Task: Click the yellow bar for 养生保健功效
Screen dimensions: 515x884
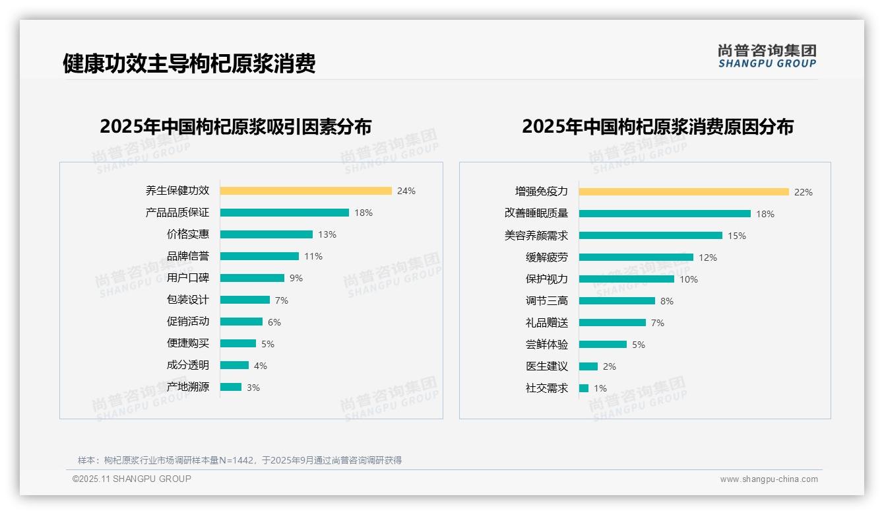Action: tap(305, 191)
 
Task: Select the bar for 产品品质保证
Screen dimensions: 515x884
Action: tap(284, 213)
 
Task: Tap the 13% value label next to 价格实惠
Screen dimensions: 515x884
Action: tap(327, 234)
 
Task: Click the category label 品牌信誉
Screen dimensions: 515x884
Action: tap(187, 256)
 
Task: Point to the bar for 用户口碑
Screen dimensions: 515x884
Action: tap(252, 278)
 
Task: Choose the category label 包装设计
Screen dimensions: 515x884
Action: tap(187, 300)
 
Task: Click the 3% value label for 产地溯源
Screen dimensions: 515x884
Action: tap(253, 388)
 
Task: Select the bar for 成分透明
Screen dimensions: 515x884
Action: tap(234, 365)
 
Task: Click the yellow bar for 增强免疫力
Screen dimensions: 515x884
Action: tap(684, 192)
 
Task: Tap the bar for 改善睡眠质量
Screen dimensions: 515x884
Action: tap(665, 214)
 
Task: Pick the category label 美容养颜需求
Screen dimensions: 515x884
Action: tap(536, 236)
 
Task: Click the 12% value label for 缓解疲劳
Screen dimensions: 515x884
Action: tap(708, 257)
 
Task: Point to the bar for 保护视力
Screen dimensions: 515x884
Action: tap(627, 279)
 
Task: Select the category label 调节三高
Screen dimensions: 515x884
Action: tap(546, 301)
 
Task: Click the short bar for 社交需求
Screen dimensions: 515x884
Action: tap(584, 388)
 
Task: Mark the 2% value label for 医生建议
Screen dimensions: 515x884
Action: tap(610, 366)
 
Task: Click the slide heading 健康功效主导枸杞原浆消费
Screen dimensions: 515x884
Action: tap(189, 63)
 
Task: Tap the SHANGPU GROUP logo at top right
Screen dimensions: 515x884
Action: tap(767, 56)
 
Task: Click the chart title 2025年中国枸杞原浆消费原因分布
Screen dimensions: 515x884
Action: tap(658, 127)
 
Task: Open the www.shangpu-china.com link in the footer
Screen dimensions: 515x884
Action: tap(769, 479)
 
